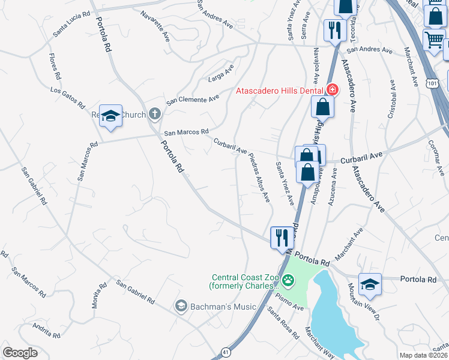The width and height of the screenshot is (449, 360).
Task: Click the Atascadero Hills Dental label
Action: point(280,91)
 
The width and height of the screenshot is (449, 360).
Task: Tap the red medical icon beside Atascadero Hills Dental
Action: point(331,91)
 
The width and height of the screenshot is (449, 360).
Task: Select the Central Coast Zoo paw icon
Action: point(289,280)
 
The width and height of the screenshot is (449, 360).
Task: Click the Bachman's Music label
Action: point(223,307)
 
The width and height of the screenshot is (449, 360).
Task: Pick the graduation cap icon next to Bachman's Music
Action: point(180,307)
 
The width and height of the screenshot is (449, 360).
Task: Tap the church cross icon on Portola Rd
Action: point(154,113)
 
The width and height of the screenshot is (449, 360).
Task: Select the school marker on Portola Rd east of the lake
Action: point(370,285)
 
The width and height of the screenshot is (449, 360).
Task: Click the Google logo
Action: point(20,353)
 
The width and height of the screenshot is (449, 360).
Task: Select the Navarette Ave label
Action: point(155,25)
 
